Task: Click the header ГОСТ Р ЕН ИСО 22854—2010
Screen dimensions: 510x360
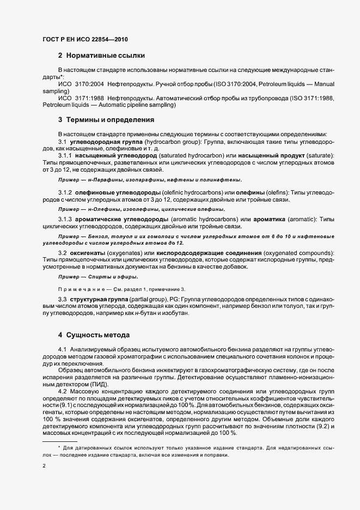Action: coord(85,39)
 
